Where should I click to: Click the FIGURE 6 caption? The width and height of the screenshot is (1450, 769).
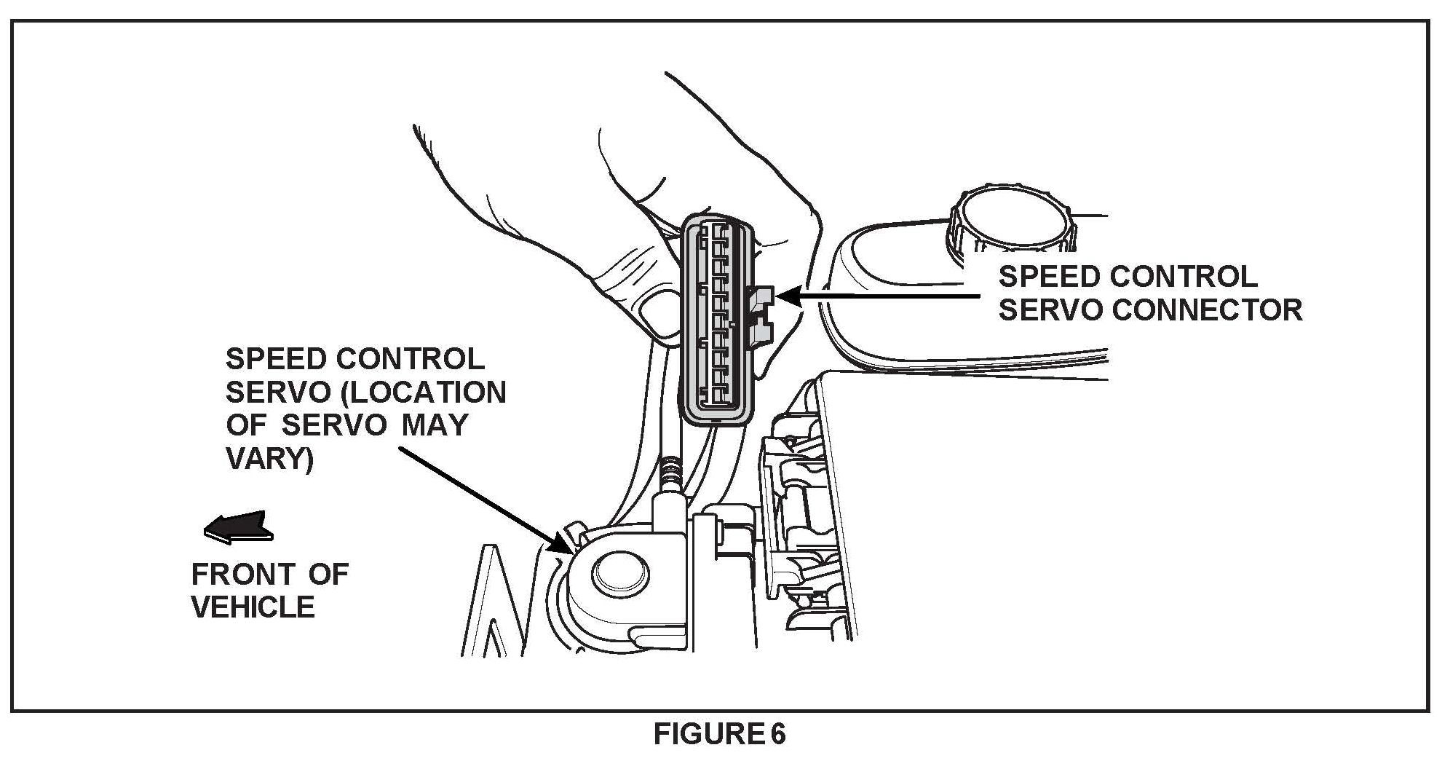(719, 734)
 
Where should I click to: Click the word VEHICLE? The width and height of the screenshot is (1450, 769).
(253, 607)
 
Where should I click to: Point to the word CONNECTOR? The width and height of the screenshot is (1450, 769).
(1208, 310)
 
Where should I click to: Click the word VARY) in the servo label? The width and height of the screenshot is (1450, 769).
(269, 459)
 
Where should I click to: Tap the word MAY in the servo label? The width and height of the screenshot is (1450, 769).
(435, 425)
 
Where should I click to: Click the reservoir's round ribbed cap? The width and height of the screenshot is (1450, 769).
(1010, 219)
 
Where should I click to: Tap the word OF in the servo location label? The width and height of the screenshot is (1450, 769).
(246, 425)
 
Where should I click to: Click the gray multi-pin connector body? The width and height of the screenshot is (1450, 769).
(717, 320)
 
